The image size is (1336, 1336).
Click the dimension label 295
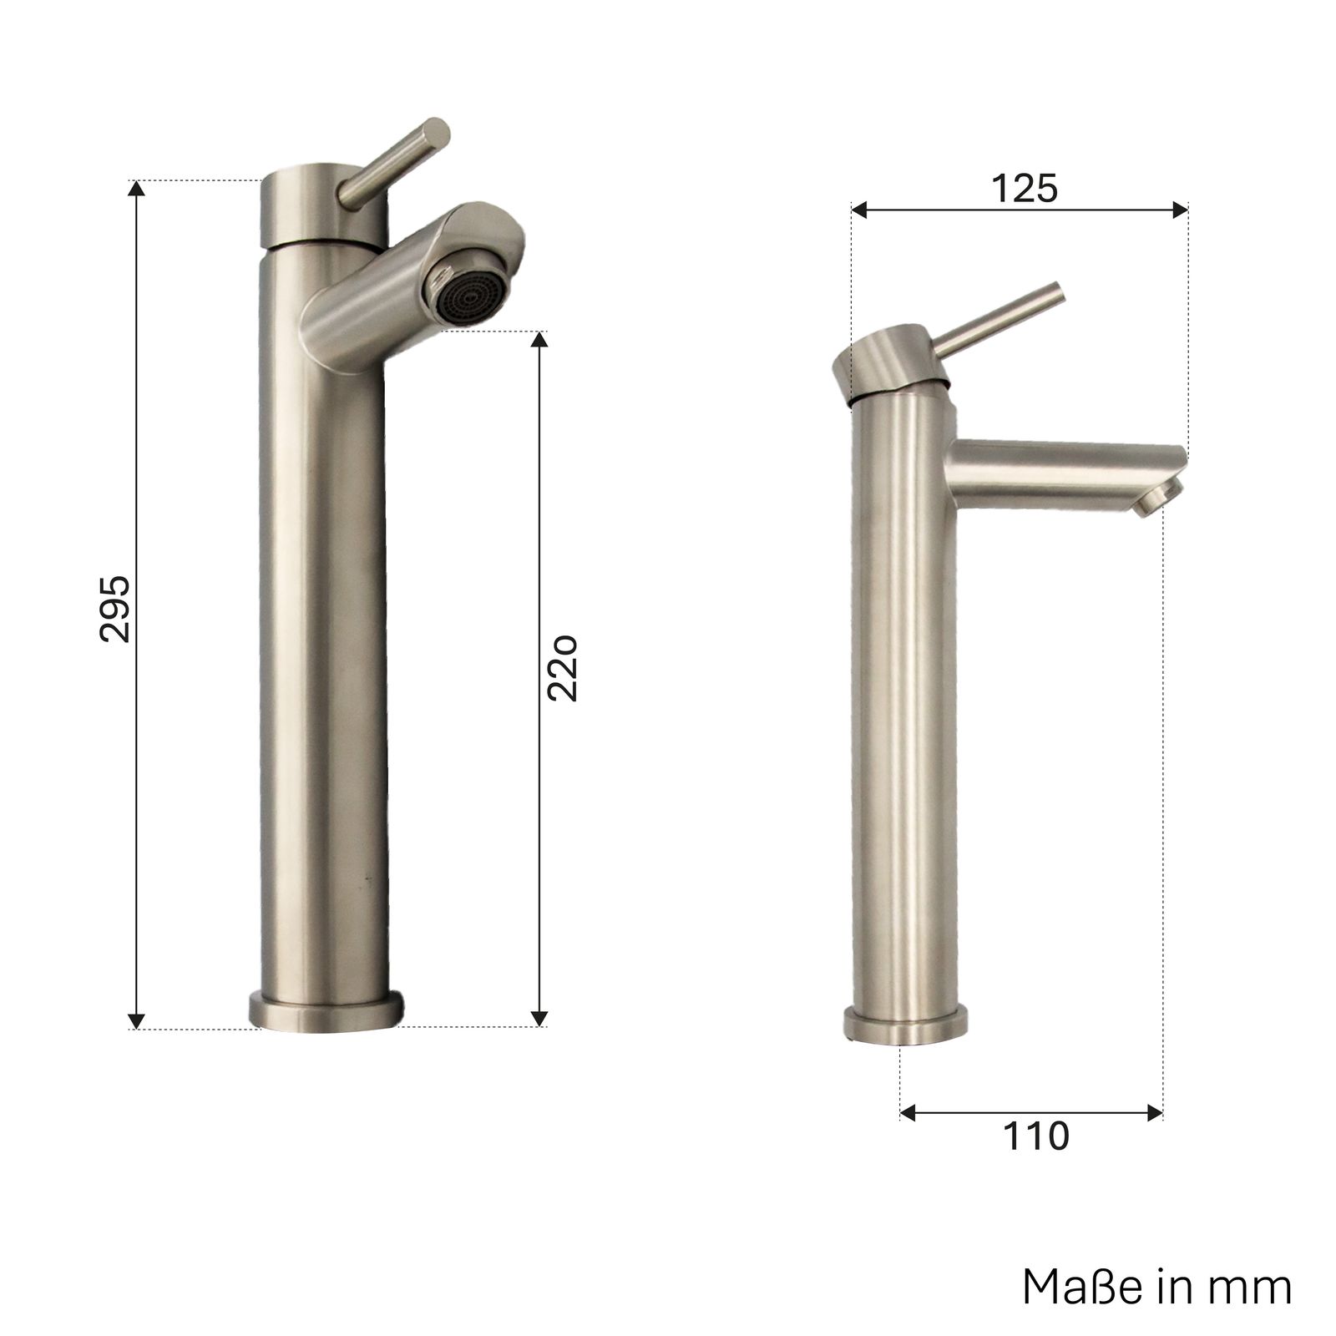pyautogui.click(x=114, y=609)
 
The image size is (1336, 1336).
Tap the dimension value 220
pyautogui.click(x=563, y=668)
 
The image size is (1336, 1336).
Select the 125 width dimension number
pyautogui.click(x=1025, y=188)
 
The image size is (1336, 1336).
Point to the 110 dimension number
pyautogui.click(x=1035, y=1136)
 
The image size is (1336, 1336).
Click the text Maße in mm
pyautogui.click(x=1157, y=1287)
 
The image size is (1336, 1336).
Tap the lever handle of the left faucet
pyautogui.click(x=394, y=164)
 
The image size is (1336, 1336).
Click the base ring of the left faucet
pyautogui.click(x=326, y=1010)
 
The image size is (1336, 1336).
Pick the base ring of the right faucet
pyautogui.click(x=905, y=1026)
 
